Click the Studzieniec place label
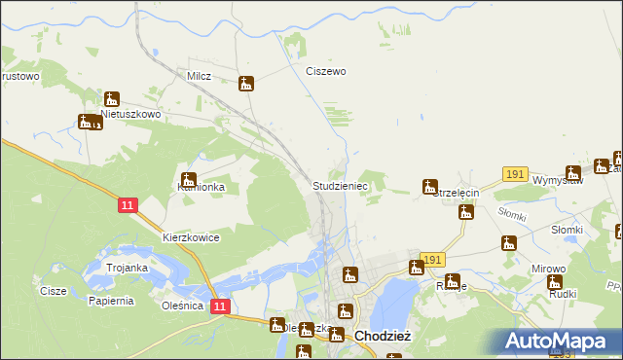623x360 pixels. point(339,184)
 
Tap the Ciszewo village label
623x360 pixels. point(326,71)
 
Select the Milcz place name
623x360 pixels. point(199,75)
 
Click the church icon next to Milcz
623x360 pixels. point(247,84)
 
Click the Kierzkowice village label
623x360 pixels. point(191,237)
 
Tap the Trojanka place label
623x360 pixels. point(127,268)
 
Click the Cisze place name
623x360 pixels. point(53,291)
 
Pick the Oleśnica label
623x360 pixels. point(182,305)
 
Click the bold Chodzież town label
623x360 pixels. point(386,336)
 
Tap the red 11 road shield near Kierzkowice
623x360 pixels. point(128,205)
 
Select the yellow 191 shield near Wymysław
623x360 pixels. point(515,173)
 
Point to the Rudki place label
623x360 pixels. point(563,293)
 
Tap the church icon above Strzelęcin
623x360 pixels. point(429,186)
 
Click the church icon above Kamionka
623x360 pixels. point(188,178)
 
